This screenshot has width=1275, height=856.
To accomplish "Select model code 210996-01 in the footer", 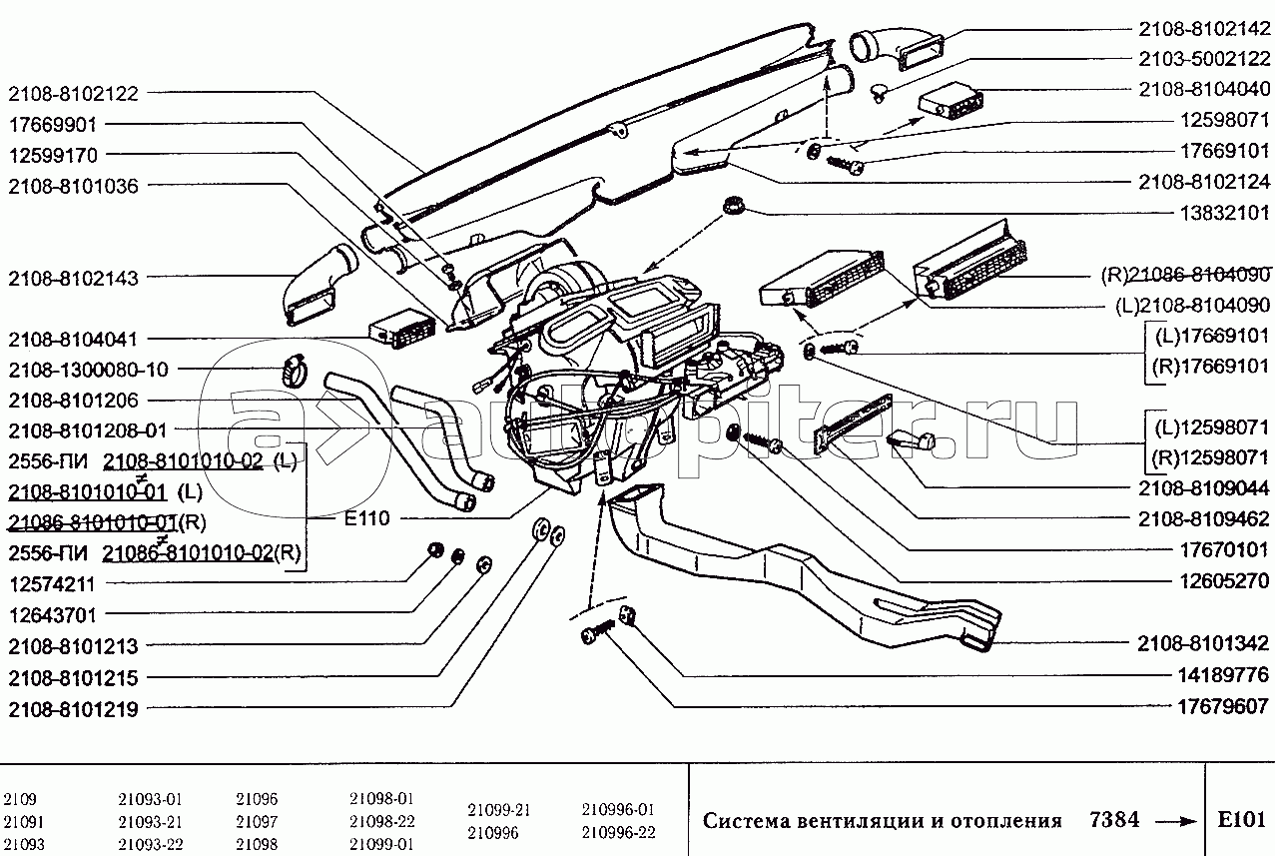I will point(618,808).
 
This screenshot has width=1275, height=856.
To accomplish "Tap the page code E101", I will point(1241,820).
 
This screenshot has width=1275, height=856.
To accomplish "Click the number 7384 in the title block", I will point(1109,819).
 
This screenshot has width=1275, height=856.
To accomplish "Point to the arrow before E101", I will point(1175,821).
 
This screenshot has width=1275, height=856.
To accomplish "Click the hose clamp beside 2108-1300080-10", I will point(297,370).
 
